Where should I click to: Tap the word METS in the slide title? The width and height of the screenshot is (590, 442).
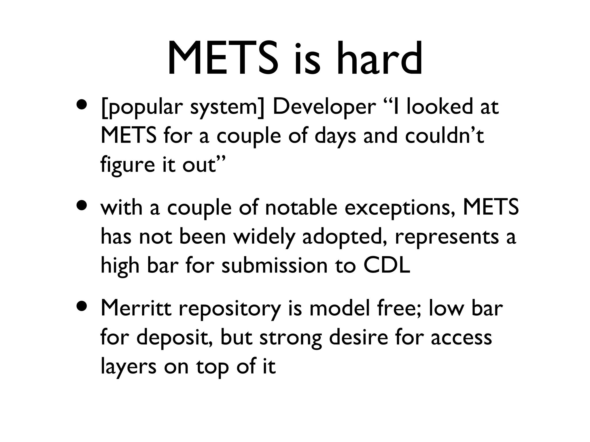point(223,59)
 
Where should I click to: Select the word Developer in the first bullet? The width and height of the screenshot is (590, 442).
point(324,107)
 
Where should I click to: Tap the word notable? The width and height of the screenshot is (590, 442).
point(301,207)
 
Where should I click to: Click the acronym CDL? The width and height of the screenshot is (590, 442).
point(387,265)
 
